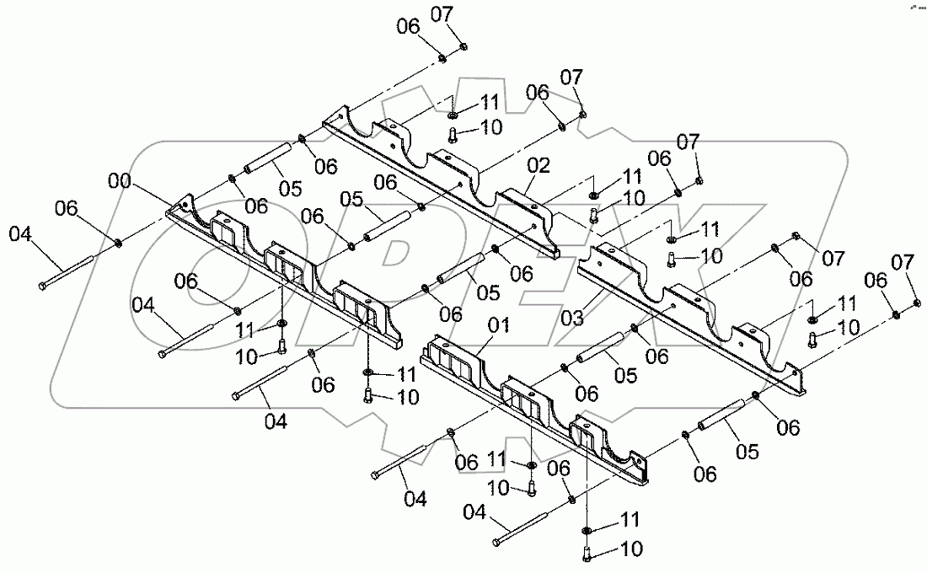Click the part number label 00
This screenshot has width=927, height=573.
[x=120, y=179]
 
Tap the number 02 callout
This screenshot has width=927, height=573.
[x=539, y=165]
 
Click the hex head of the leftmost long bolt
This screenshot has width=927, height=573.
[x=41, y=287]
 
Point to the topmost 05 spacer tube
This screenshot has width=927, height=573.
[x=270, y=159]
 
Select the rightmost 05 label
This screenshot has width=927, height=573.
[x=747, y=453]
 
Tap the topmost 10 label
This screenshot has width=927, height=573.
[x=490, y=126]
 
